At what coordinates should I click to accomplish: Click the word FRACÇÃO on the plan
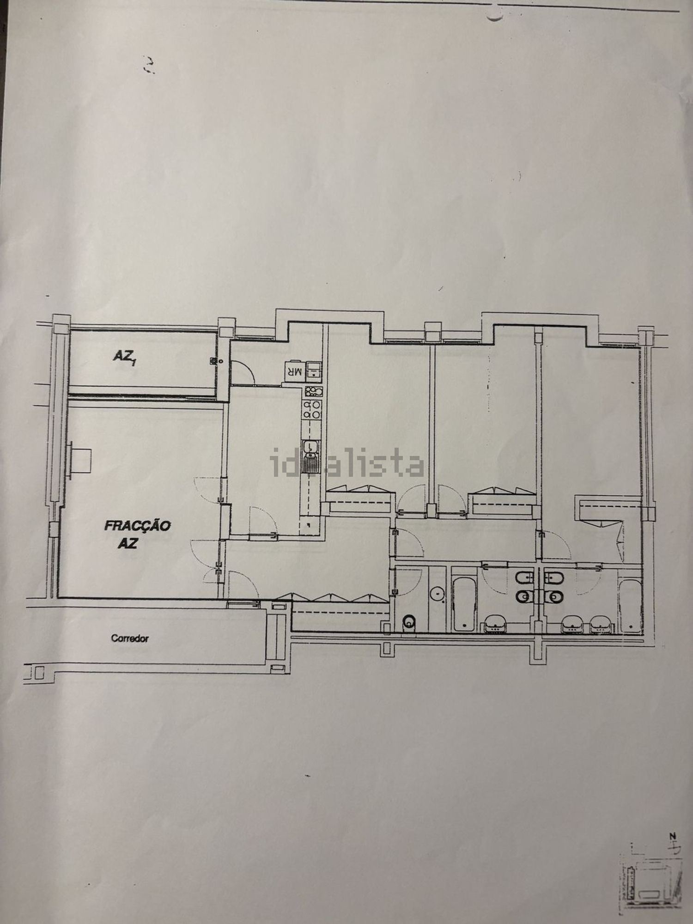(x=138, y=525)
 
